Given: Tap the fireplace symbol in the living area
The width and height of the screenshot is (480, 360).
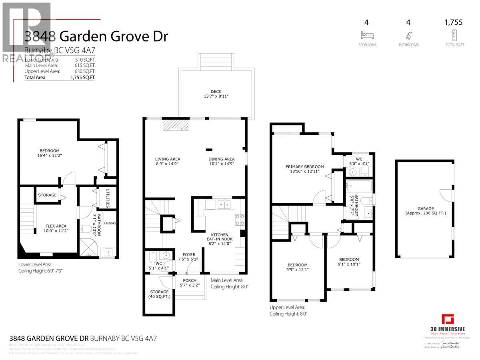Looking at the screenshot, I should point(175,126).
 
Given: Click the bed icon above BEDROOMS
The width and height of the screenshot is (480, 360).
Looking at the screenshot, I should point(367,35).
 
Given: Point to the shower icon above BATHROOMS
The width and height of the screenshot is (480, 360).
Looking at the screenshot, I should point(408,35).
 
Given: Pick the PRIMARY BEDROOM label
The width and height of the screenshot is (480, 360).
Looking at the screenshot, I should point(304,167).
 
